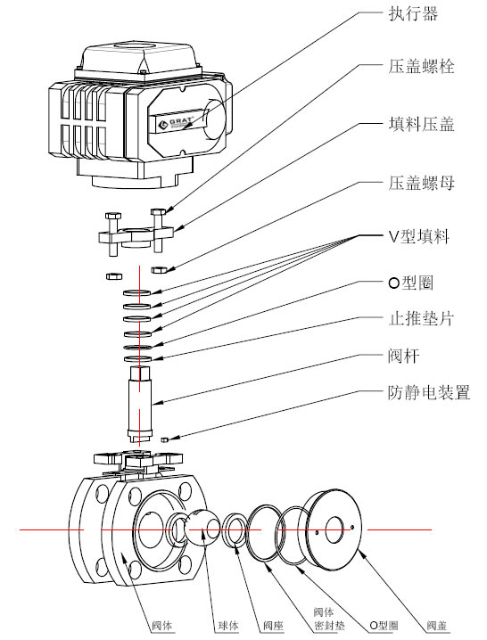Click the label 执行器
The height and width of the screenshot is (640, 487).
(x=412, y=14)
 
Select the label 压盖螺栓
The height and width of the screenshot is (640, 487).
(x=422, y=68)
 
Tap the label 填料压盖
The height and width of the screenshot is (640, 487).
(x=422, y=125)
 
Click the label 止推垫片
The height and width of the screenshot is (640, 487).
(x=422, y=318)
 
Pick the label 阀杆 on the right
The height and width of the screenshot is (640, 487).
(x=403, y=356)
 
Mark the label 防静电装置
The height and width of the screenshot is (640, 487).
(x=429, y=392)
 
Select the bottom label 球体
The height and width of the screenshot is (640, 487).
(x=227, y=625)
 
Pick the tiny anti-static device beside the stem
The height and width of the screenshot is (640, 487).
(x=166, y=439)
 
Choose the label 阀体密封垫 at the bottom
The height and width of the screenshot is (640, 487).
(x=323, y=619)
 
